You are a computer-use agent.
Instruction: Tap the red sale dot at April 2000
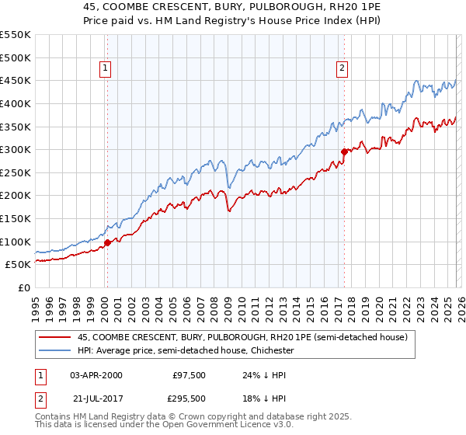click(x=107, y=242)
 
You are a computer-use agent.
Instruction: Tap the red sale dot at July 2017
click(x=344, y=151)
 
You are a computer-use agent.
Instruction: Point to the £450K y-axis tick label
click(x=16, y=81)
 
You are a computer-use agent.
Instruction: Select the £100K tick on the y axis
click(x=16, y=242)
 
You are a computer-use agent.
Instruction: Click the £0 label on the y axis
click(x=25, y=288)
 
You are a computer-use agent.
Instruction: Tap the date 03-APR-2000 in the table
click(x=96, y=375)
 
